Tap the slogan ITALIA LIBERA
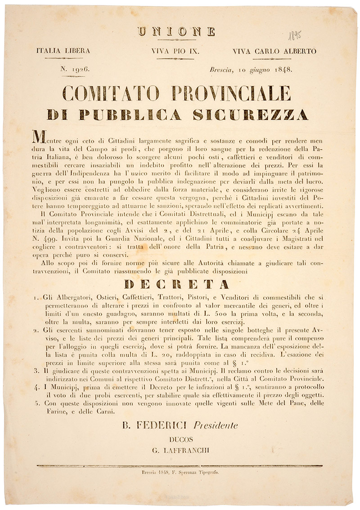click(63, 51)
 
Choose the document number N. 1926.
click(75, 69)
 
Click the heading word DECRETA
click(179, 284)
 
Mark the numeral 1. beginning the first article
click(36, 298)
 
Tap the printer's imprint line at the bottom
click(179, 473)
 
